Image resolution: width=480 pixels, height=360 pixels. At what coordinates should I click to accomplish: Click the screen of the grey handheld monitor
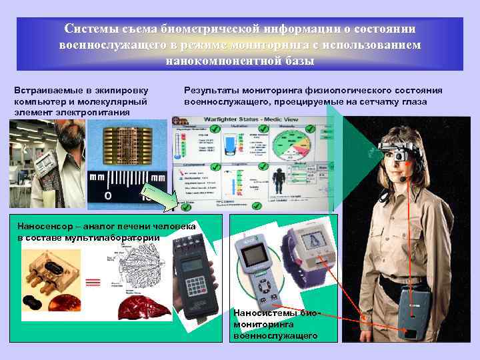point(253,257)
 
